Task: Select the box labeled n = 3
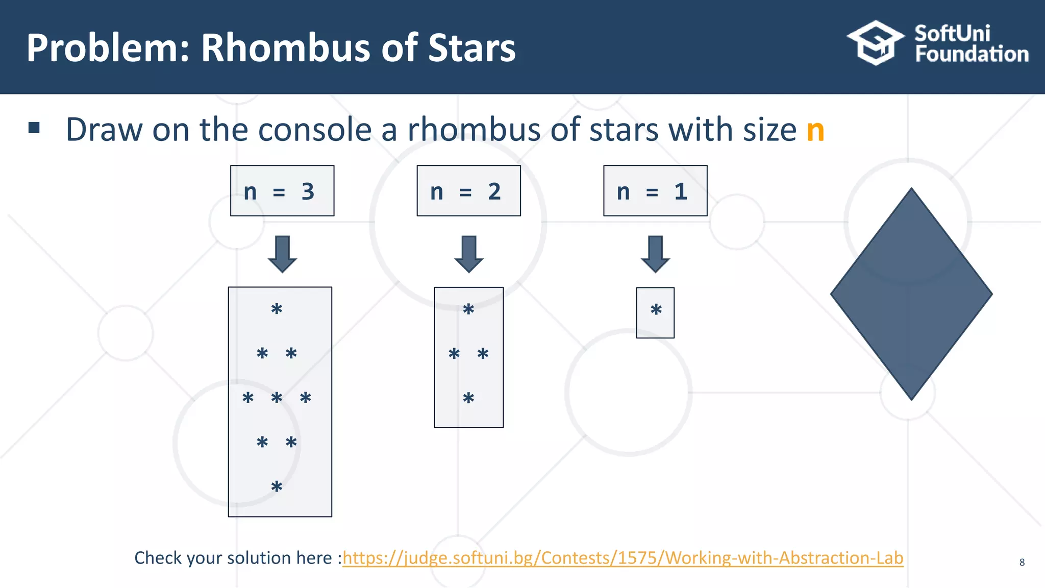click(282, 191)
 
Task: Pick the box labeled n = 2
click(468, 191)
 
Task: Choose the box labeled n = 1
click(655, 191)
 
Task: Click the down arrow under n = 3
click(282, 254)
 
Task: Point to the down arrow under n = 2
click(468, 254)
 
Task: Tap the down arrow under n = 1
click(655, 254)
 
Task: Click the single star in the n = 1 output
click(656, 310)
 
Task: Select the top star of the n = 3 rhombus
click(277, 309)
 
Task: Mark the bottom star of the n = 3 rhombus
click(277, 486)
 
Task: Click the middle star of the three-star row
click(277, 398)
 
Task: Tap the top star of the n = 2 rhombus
click(468, 309)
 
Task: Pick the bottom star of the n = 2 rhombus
click(468, 398)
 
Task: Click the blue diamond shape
click(911, 294)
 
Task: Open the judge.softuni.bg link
click(623, 558)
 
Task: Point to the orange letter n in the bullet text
click(815, 131)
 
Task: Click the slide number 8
click(1022, 562)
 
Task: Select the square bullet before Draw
click(34, 128)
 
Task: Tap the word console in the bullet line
click(315, 130)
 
